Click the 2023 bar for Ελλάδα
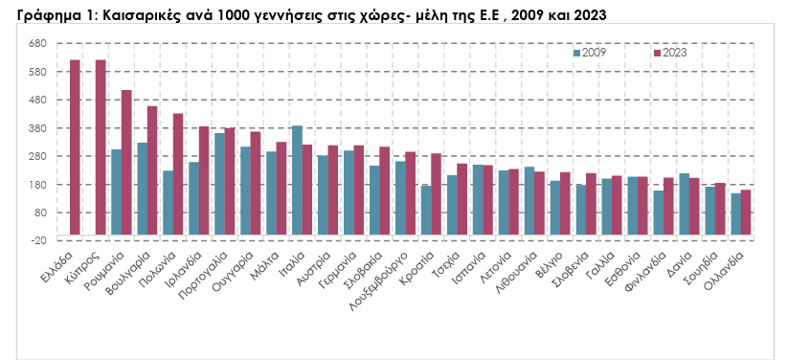75,147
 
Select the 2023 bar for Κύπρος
101,147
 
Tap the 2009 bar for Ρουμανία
116,191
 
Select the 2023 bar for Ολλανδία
746,212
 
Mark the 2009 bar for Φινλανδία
658,212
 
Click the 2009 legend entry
589,54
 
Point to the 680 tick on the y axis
38,44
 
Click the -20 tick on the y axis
38,240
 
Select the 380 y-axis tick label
38,128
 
